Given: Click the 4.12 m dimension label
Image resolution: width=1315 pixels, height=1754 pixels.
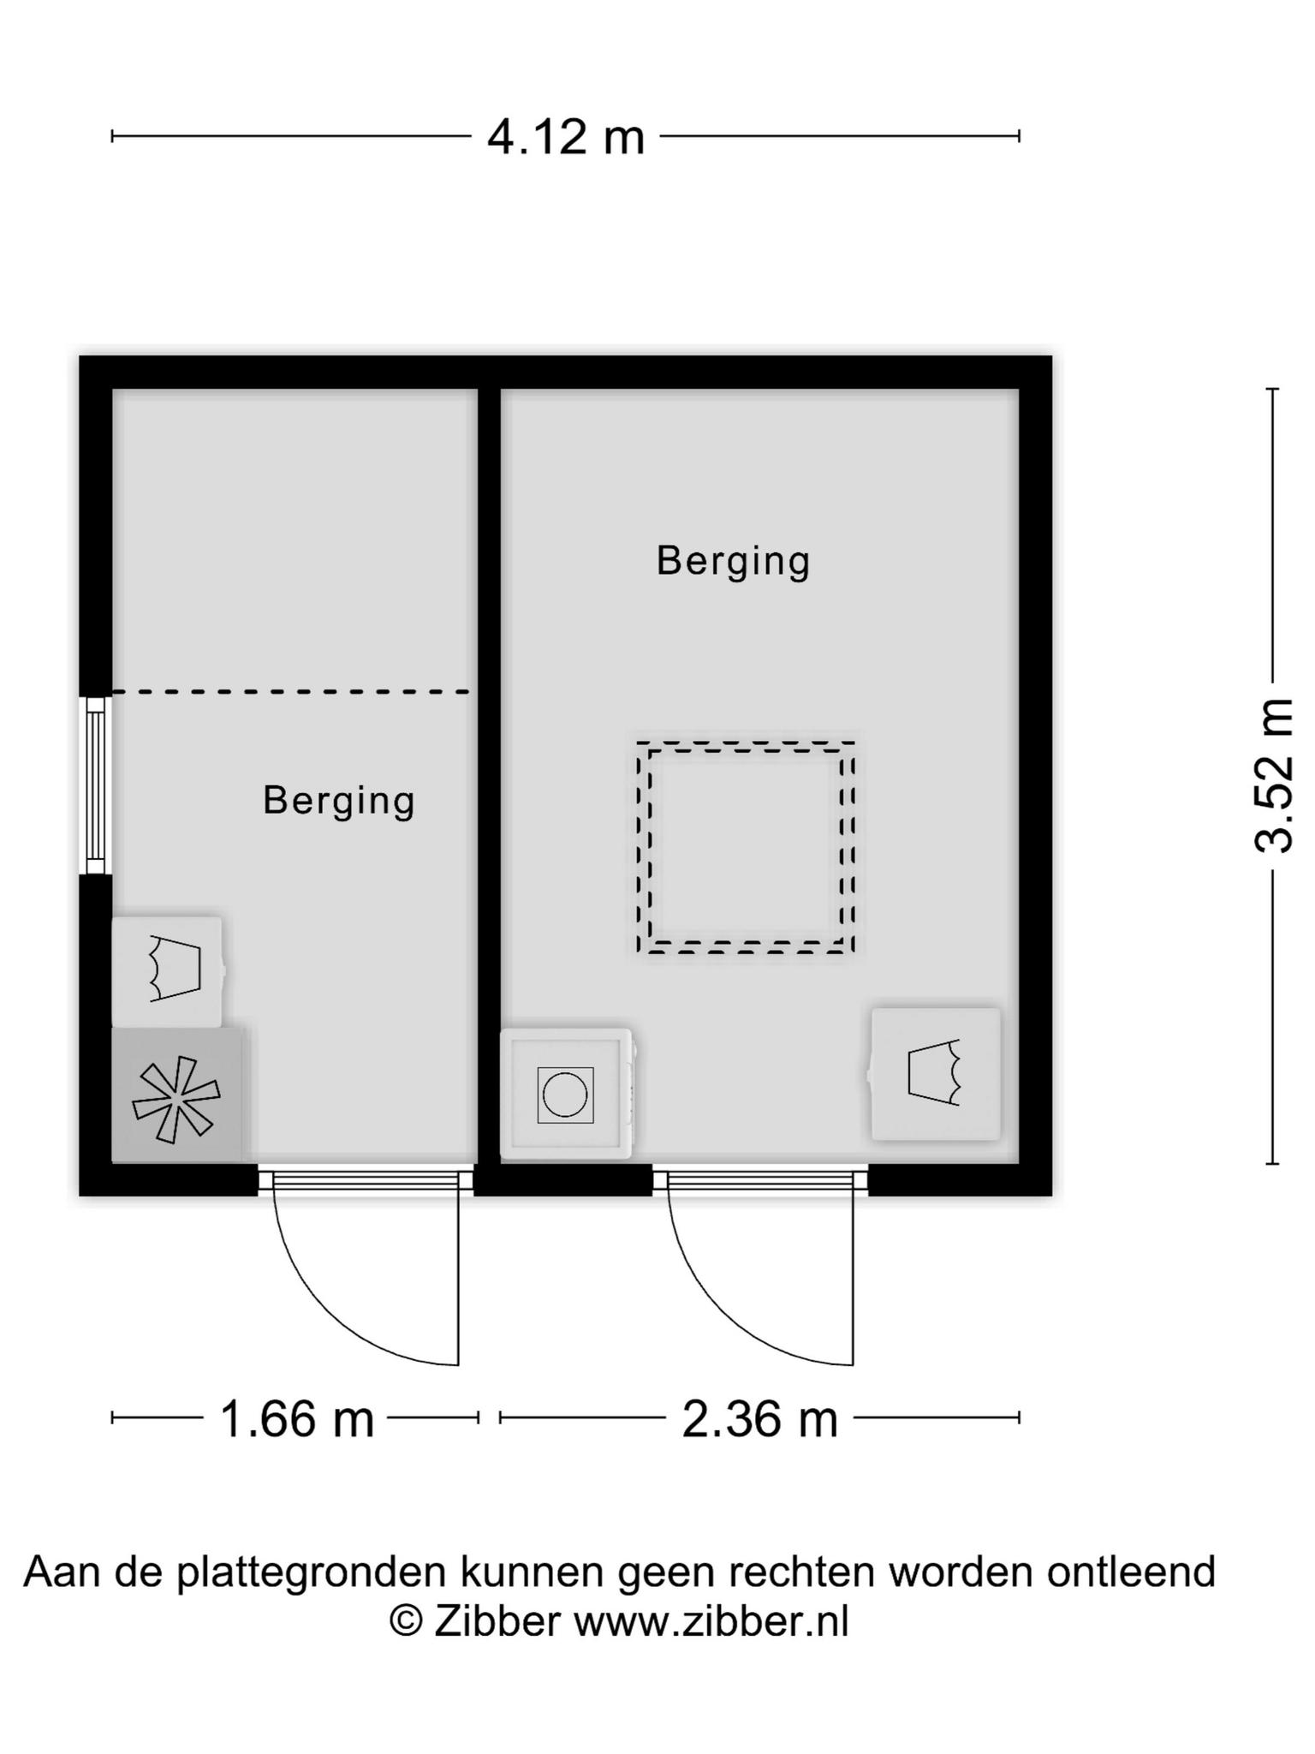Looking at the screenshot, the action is (566, 137).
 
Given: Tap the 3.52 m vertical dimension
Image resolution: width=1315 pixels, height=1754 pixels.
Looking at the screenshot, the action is (1273, 776).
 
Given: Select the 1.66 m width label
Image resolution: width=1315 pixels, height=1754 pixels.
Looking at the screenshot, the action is (297, 1419).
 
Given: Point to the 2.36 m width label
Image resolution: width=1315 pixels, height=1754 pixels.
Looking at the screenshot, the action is (760, 1419).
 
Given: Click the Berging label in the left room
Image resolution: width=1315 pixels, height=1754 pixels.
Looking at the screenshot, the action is (339, 801).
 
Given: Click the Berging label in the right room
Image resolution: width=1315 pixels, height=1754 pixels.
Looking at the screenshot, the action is (733, 562).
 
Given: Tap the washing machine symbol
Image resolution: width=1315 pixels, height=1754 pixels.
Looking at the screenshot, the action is (566, 1094).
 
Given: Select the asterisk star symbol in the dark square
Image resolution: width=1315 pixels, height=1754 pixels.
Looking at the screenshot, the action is (176, 1100).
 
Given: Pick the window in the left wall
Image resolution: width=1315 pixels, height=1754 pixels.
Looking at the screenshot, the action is (96, 785).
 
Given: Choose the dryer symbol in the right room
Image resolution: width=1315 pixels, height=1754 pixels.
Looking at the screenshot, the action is (935, 1074).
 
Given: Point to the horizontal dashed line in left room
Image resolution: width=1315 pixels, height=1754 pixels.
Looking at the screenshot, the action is (291, 691).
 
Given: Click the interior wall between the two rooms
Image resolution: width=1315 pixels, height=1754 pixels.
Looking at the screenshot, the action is (489, 775).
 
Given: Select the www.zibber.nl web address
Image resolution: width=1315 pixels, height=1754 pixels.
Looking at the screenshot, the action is (711, 1621).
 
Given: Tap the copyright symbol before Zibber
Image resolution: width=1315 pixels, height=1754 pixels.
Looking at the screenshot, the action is (406, 1621).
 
